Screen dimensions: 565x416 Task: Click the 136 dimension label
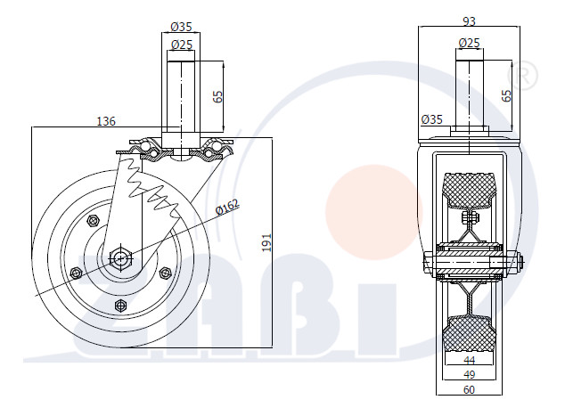pos(106,121)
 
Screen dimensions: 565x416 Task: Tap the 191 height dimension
pos(266,242)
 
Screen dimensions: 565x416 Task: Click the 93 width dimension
pos(469,21)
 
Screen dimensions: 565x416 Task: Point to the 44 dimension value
pos(469,360)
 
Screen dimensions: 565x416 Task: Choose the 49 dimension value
pos(469,375)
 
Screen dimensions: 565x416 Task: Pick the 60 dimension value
pos(469,389)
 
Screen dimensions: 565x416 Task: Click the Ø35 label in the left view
pos(181,27)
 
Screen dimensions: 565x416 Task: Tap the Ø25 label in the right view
pos(469,43)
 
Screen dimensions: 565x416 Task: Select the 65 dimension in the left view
pos(218,96)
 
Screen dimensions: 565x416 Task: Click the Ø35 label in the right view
pos(431,119)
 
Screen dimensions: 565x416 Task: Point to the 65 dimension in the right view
pos(506,96)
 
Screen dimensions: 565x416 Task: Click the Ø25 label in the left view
pos(182,45)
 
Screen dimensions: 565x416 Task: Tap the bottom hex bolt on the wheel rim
pos(120,306)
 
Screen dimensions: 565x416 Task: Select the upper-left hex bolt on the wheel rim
pos(93,220)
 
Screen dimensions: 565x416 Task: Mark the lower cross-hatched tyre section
pos(469,333)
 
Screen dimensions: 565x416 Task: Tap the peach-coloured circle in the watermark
pos(373,212)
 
